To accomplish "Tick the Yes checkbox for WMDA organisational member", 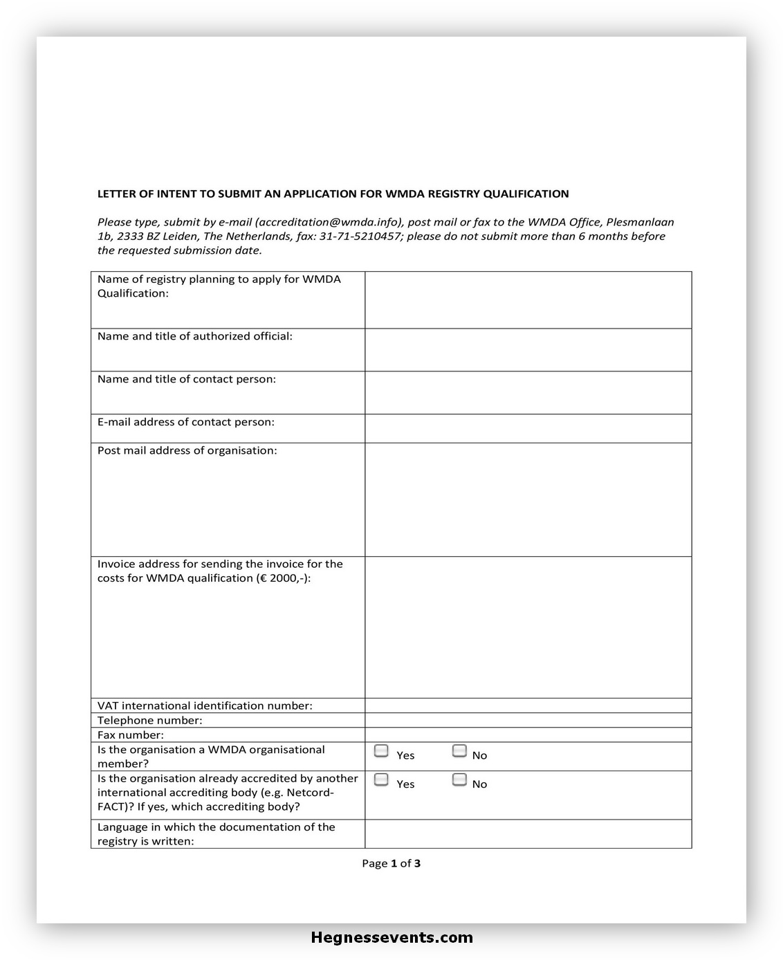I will tap(381, 751).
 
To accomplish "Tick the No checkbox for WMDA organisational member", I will tap(459, 751).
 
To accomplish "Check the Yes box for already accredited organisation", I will tap(381, 780).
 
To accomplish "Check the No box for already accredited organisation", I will tap(459, 780).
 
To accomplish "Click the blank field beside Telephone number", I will tap(528, 720).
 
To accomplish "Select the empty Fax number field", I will tap(528, 735).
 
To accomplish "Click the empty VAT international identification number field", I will tap(528, 705).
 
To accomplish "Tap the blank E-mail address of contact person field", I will tap(528, 428).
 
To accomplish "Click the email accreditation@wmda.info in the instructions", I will tap(328, 222).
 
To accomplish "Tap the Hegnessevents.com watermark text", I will tap(392, 938).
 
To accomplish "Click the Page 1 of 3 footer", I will tap(391, 863).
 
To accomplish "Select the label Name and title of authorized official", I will tap(194, 336).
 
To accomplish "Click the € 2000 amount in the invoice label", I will tap(279, 578).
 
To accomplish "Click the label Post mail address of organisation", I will tap(187, 450).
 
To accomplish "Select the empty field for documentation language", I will tap(528, 833).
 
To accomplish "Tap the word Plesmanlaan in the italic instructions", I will tap(640, 222).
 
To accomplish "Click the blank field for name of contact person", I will tap(528, 393).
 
